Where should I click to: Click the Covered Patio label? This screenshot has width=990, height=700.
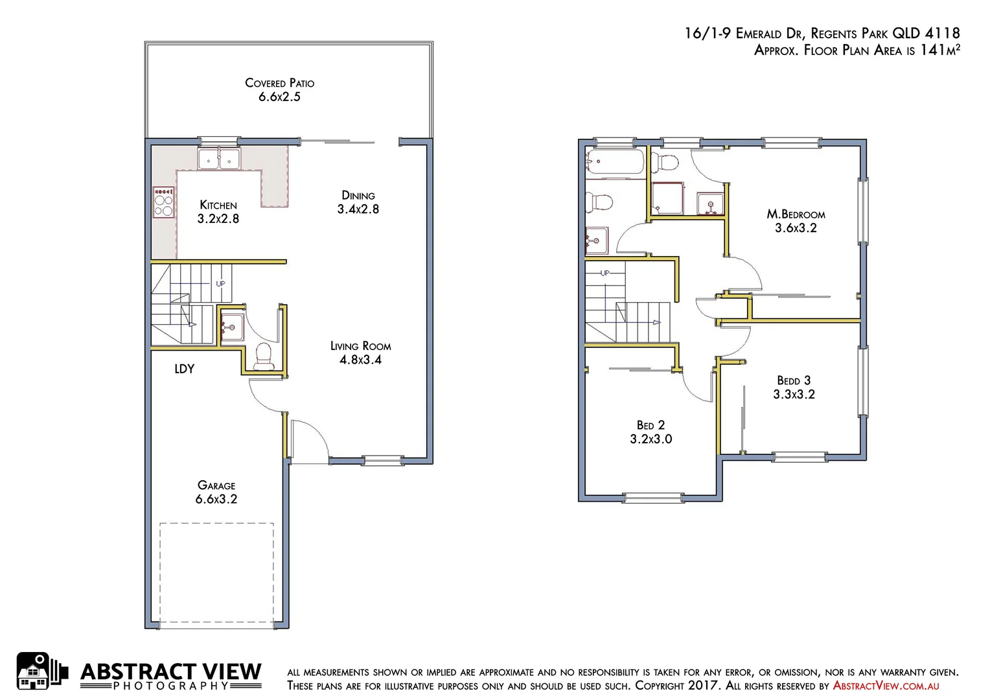279,83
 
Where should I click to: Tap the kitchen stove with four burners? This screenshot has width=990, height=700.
164,202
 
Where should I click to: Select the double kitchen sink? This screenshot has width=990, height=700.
219,159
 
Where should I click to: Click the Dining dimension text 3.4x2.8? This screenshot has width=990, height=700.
358,209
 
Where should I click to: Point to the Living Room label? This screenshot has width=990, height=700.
360,346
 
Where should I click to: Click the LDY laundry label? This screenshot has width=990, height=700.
184,369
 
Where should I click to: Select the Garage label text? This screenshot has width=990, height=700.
216,485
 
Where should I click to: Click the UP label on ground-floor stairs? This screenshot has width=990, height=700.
220,284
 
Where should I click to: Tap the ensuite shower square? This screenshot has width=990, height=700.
667,198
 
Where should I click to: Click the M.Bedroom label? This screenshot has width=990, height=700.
796,215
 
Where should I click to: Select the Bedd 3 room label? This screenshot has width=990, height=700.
794,381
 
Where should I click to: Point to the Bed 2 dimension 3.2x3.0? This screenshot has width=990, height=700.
651,439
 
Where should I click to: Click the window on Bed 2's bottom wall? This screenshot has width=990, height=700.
653,498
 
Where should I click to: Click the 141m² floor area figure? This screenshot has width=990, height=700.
939,50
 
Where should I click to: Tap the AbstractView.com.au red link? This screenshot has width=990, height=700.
886,686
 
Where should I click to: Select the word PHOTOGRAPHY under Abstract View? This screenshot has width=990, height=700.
171,686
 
